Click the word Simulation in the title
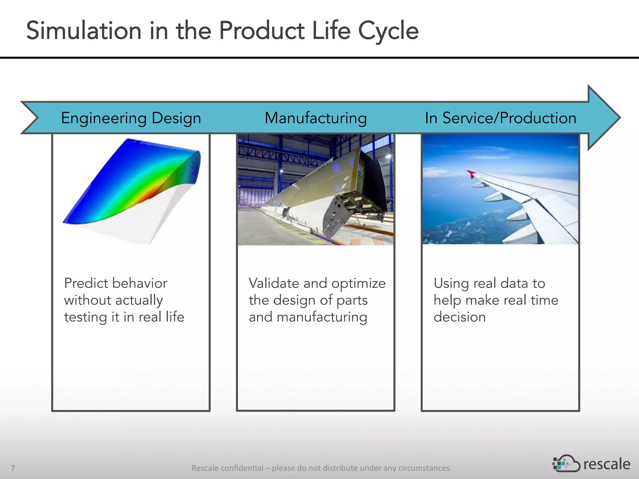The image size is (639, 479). [x=84, y=31]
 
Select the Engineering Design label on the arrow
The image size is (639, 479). [x=131, y=118]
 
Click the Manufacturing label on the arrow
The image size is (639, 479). [x=315, y=118]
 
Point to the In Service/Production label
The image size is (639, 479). [x=500, y=118]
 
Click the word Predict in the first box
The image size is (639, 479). [x=86, y=283]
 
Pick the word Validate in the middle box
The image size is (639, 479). [x=274, y=283]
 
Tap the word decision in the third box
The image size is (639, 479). [x=459, y=317]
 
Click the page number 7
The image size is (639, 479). [x=13, y=468]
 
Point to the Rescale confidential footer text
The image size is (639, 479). [x=320, y=468]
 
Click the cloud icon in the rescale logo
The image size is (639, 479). [x=566, y=464]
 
